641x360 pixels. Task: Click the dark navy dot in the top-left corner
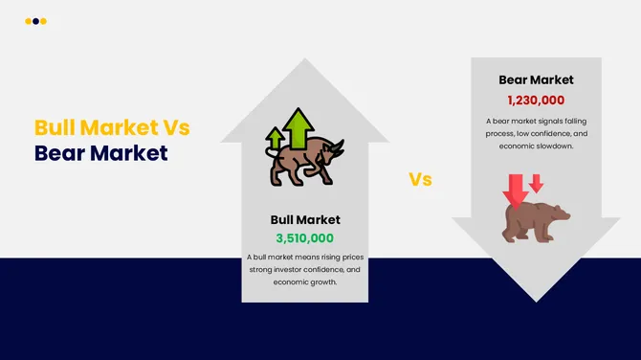pos(35,21)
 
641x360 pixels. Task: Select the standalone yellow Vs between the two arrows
pos(420,179)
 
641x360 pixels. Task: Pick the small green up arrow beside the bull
pos(276,140)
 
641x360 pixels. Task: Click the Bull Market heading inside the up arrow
pos(305,220)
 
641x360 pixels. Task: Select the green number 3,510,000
pos(305,238)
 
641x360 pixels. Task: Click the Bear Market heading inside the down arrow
pos(536,80)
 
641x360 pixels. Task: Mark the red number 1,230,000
pos(536,100)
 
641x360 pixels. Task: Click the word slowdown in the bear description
pos(554,146)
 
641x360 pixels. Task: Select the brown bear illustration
pos(536,221)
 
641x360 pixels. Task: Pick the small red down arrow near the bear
pos(536,182)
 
